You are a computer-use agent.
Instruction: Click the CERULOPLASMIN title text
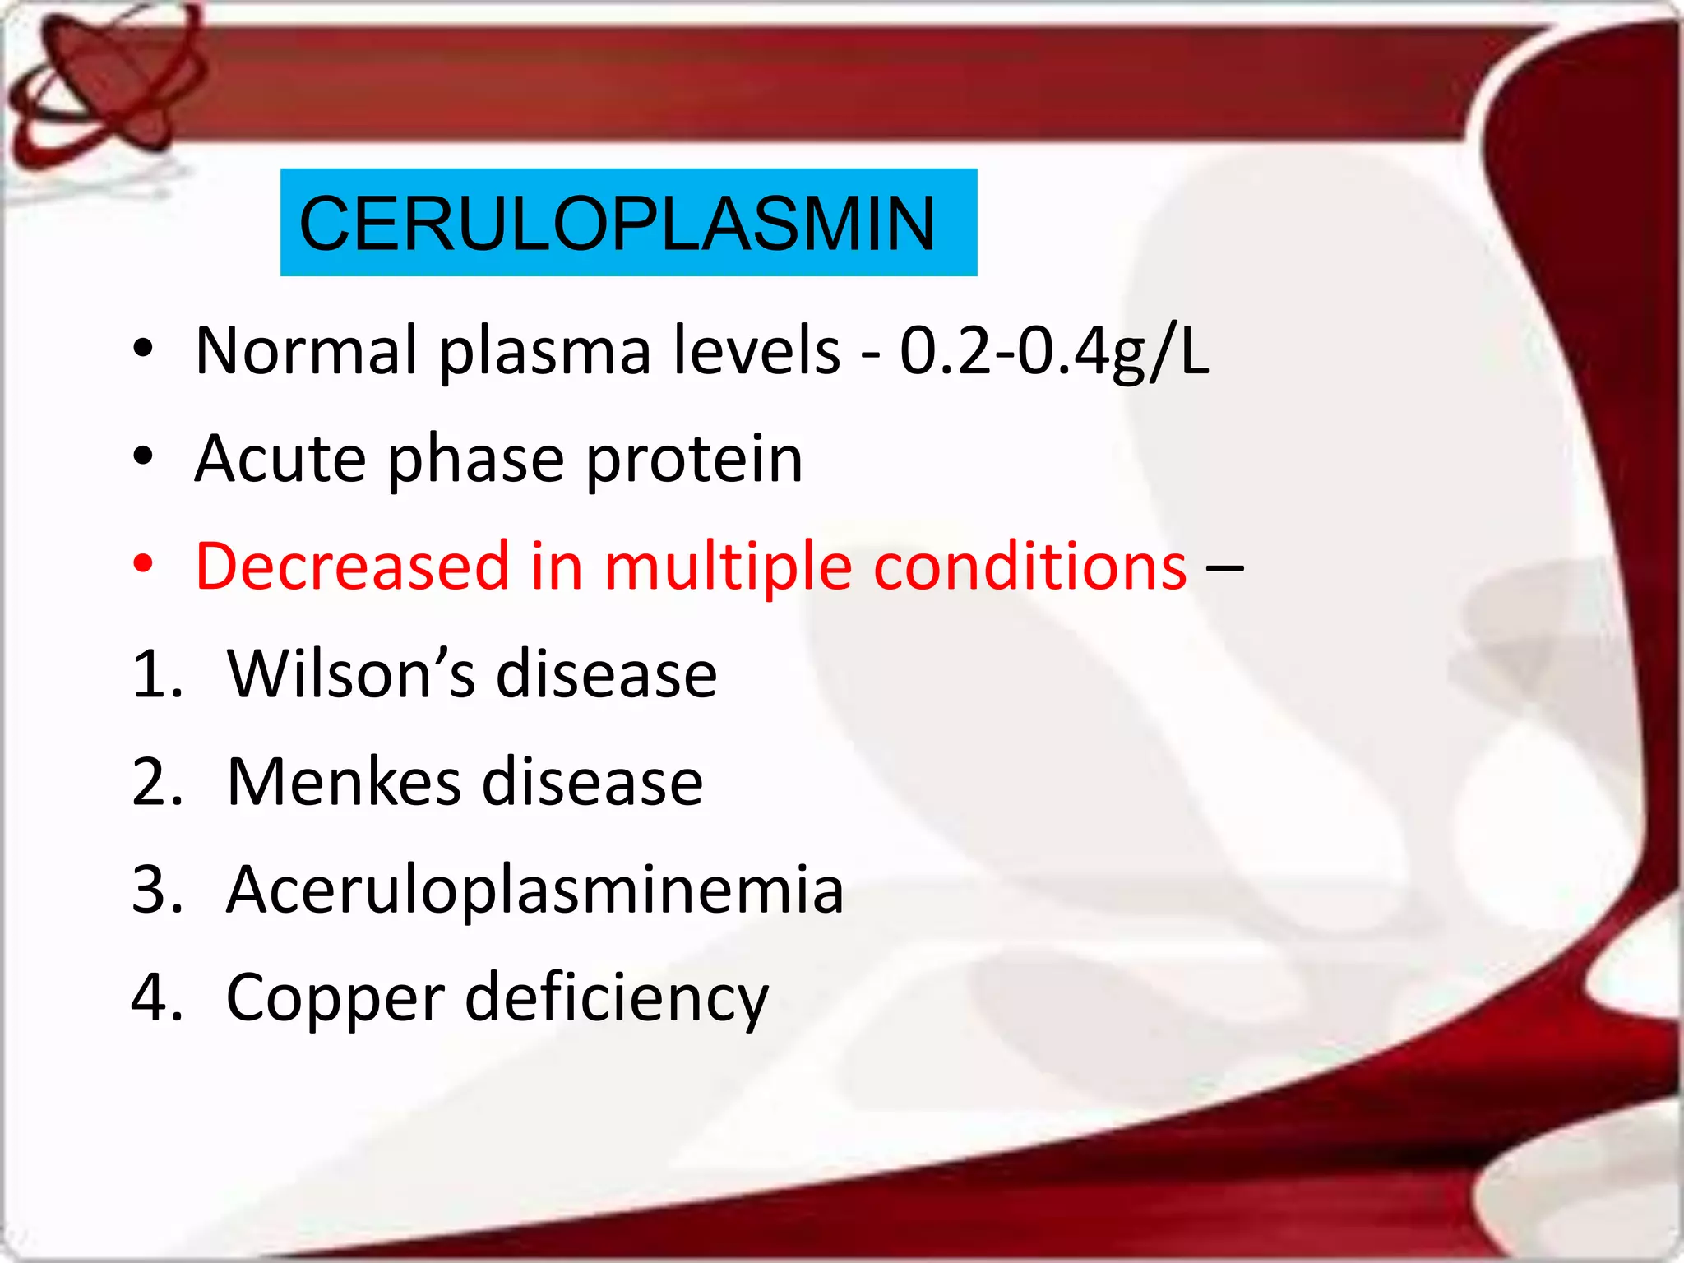click(617, 224)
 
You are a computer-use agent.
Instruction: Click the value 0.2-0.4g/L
click(1054, 352)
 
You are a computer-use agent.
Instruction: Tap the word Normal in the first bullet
click(306, 351)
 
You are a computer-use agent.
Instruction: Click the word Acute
click(280, 459)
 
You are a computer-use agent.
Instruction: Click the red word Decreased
click(352, 566)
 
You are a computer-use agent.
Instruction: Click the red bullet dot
click(143, 564)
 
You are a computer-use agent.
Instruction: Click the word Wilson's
click(350, 674)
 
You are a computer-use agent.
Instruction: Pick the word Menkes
click(344, 782)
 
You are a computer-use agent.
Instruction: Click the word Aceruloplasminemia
click(534, 890)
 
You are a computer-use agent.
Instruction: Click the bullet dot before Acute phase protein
click(143, 457)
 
